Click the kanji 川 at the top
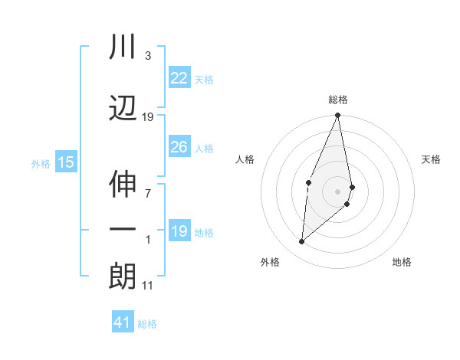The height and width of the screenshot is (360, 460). (x=123, y=47)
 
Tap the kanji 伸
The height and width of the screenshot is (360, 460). (x=123, y=185)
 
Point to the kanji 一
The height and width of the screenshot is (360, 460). (x=123, y=229)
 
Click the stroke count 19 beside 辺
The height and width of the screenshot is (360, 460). (x=148, y=117)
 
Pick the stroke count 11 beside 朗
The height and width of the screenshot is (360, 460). (x=147, y=286)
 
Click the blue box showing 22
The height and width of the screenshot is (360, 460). (x=179, y=78)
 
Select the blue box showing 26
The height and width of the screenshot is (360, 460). (x=179, y=147)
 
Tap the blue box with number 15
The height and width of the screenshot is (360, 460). (x=66, y=162)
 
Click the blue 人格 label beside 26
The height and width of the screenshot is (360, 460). (x=204, y=149)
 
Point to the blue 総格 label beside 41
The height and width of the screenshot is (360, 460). (x=147, y=324)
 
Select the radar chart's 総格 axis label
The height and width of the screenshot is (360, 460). (x=338, y=100)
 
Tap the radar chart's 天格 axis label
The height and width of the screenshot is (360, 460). (x=432, y=159)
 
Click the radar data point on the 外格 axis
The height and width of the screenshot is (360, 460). (x=302, y=242)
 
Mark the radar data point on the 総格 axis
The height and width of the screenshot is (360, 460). (x=338, y=116)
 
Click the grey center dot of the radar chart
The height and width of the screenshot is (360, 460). (x=338, y=191)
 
